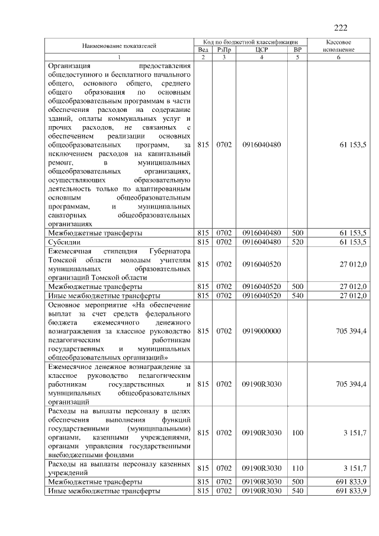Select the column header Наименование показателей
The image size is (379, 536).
(x=119, y=46)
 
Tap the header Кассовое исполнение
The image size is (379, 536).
(x=339, y=46)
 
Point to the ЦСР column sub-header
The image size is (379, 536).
(x=262, y=50)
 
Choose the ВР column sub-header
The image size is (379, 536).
(x=297, y=50)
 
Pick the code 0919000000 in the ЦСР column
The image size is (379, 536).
(x=262, y=331)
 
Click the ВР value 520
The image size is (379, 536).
(x=297, y=242)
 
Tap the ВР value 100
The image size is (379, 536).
(x=297, y=433)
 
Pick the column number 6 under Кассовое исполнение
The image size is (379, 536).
(x=339, y=57)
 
